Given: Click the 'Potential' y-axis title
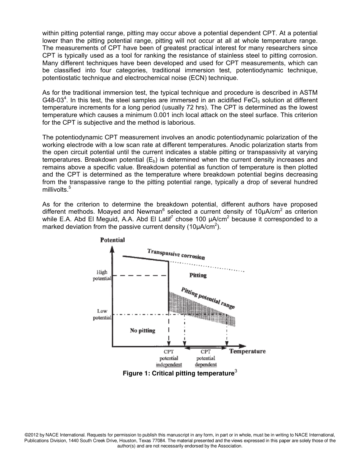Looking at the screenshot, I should (112, 240).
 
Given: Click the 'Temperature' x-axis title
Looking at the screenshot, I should (247, 351).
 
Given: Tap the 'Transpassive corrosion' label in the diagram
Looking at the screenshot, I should (176, 254).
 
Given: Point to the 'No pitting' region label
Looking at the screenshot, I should (142, 330).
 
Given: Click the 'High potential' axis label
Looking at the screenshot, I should (102, 275).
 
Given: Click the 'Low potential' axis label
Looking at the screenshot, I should (102, 314).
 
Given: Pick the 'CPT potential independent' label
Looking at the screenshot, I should (169, 358).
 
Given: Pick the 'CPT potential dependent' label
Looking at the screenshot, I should (206, 358).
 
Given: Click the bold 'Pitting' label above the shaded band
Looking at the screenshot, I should (198, 275).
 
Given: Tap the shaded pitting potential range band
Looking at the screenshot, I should (201, 307).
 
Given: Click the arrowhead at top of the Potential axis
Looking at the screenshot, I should (112, 249).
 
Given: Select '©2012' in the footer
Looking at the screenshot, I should (31, 435).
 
